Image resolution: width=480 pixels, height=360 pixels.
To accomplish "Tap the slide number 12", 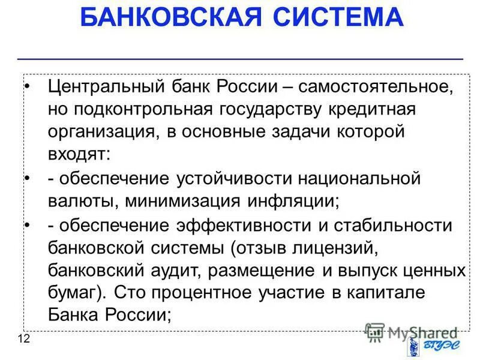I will click(23, 340).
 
